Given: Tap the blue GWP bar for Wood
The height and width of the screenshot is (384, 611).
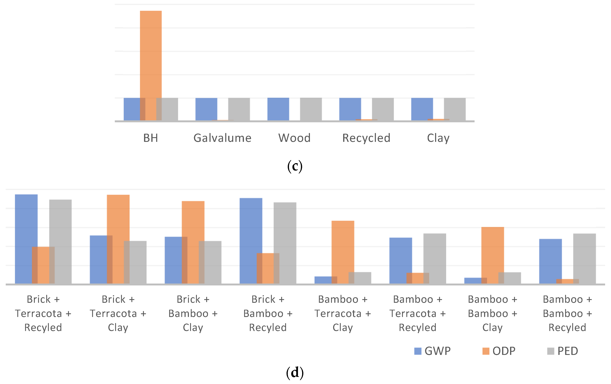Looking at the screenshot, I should (278, 109).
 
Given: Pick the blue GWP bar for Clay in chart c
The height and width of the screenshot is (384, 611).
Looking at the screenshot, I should (422, 109).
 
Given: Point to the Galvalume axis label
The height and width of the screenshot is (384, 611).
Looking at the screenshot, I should (222, 138).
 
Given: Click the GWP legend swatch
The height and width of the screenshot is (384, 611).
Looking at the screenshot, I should (418, 351).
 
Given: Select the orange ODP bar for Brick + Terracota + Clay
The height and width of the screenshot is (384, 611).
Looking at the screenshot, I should (118, 228).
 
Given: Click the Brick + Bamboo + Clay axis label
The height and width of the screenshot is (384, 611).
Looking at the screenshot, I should (193, 314).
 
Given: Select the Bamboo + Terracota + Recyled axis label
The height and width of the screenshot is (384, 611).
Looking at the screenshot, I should (417, 314).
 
